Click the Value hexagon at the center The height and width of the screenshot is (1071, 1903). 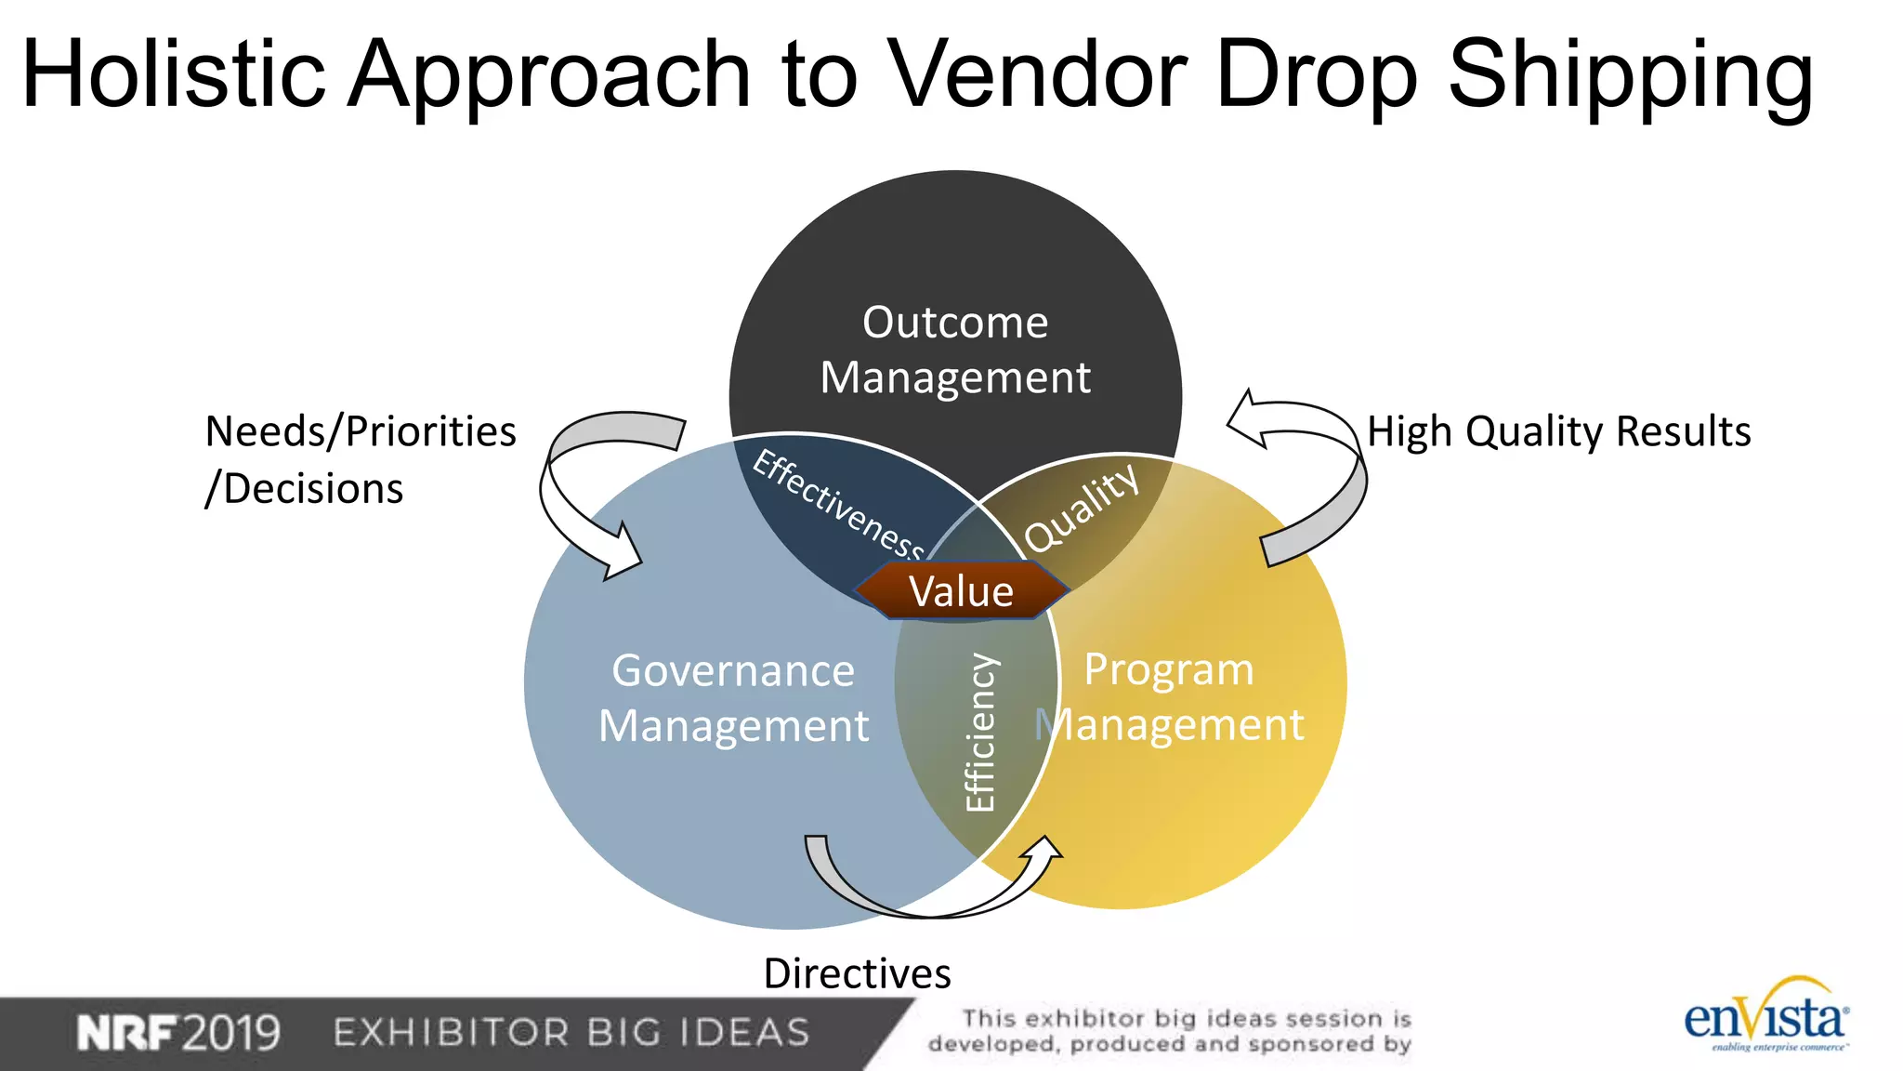[x=962, y=591]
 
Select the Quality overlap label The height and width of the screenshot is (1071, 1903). [x=1081, y=508]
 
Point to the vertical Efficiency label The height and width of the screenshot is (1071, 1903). [x=980, y=733]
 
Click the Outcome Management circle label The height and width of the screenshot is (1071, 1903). [x=955, y=350]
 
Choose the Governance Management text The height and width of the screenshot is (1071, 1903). [x=733, y=697]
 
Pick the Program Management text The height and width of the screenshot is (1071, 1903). [x=1170, y=696]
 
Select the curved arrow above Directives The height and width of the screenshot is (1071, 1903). [x=929, y=883]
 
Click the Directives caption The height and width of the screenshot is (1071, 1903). [x=857, y=973]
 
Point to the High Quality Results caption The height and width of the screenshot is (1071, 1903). [x=1558, y=431]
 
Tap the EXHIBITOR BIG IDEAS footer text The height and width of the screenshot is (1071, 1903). [x=571, y=1033]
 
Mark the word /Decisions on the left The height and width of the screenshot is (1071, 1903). [x=305, y=489]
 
